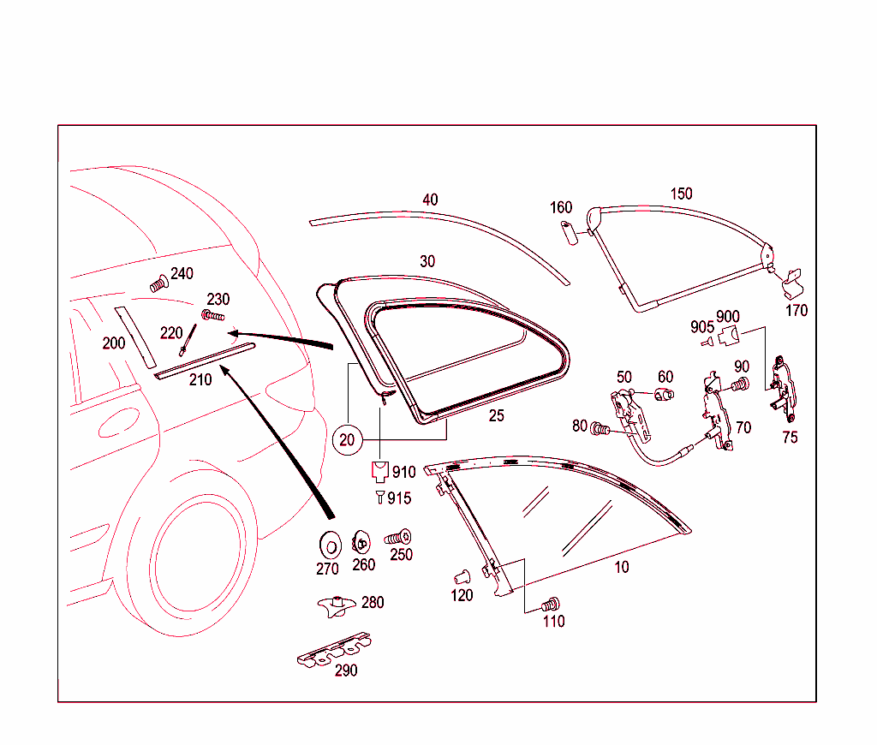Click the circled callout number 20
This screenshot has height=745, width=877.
click(x=347, y=439)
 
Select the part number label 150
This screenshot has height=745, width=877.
click(x=681, y=194)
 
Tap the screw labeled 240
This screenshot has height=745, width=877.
click(x=158, y=284)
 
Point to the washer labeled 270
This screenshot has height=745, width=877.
click(x=327, y=544)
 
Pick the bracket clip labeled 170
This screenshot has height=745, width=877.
click(x=793, y=277)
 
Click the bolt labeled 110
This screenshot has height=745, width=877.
click(x=552, y=603)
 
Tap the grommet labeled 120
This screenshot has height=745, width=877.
click(x=459, y=575)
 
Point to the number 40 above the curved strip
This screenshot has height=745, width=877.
click(x=430, y=200)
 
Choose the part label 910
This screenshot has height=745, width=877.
click(x=403, y=472)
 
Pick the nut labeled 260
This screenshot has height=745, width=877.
click(x=362, y=543)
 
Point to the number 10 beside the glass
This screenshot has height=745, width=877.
click(x=622, y=567)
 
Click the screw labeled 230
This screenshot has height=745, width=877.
click(x=212, y=316)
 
